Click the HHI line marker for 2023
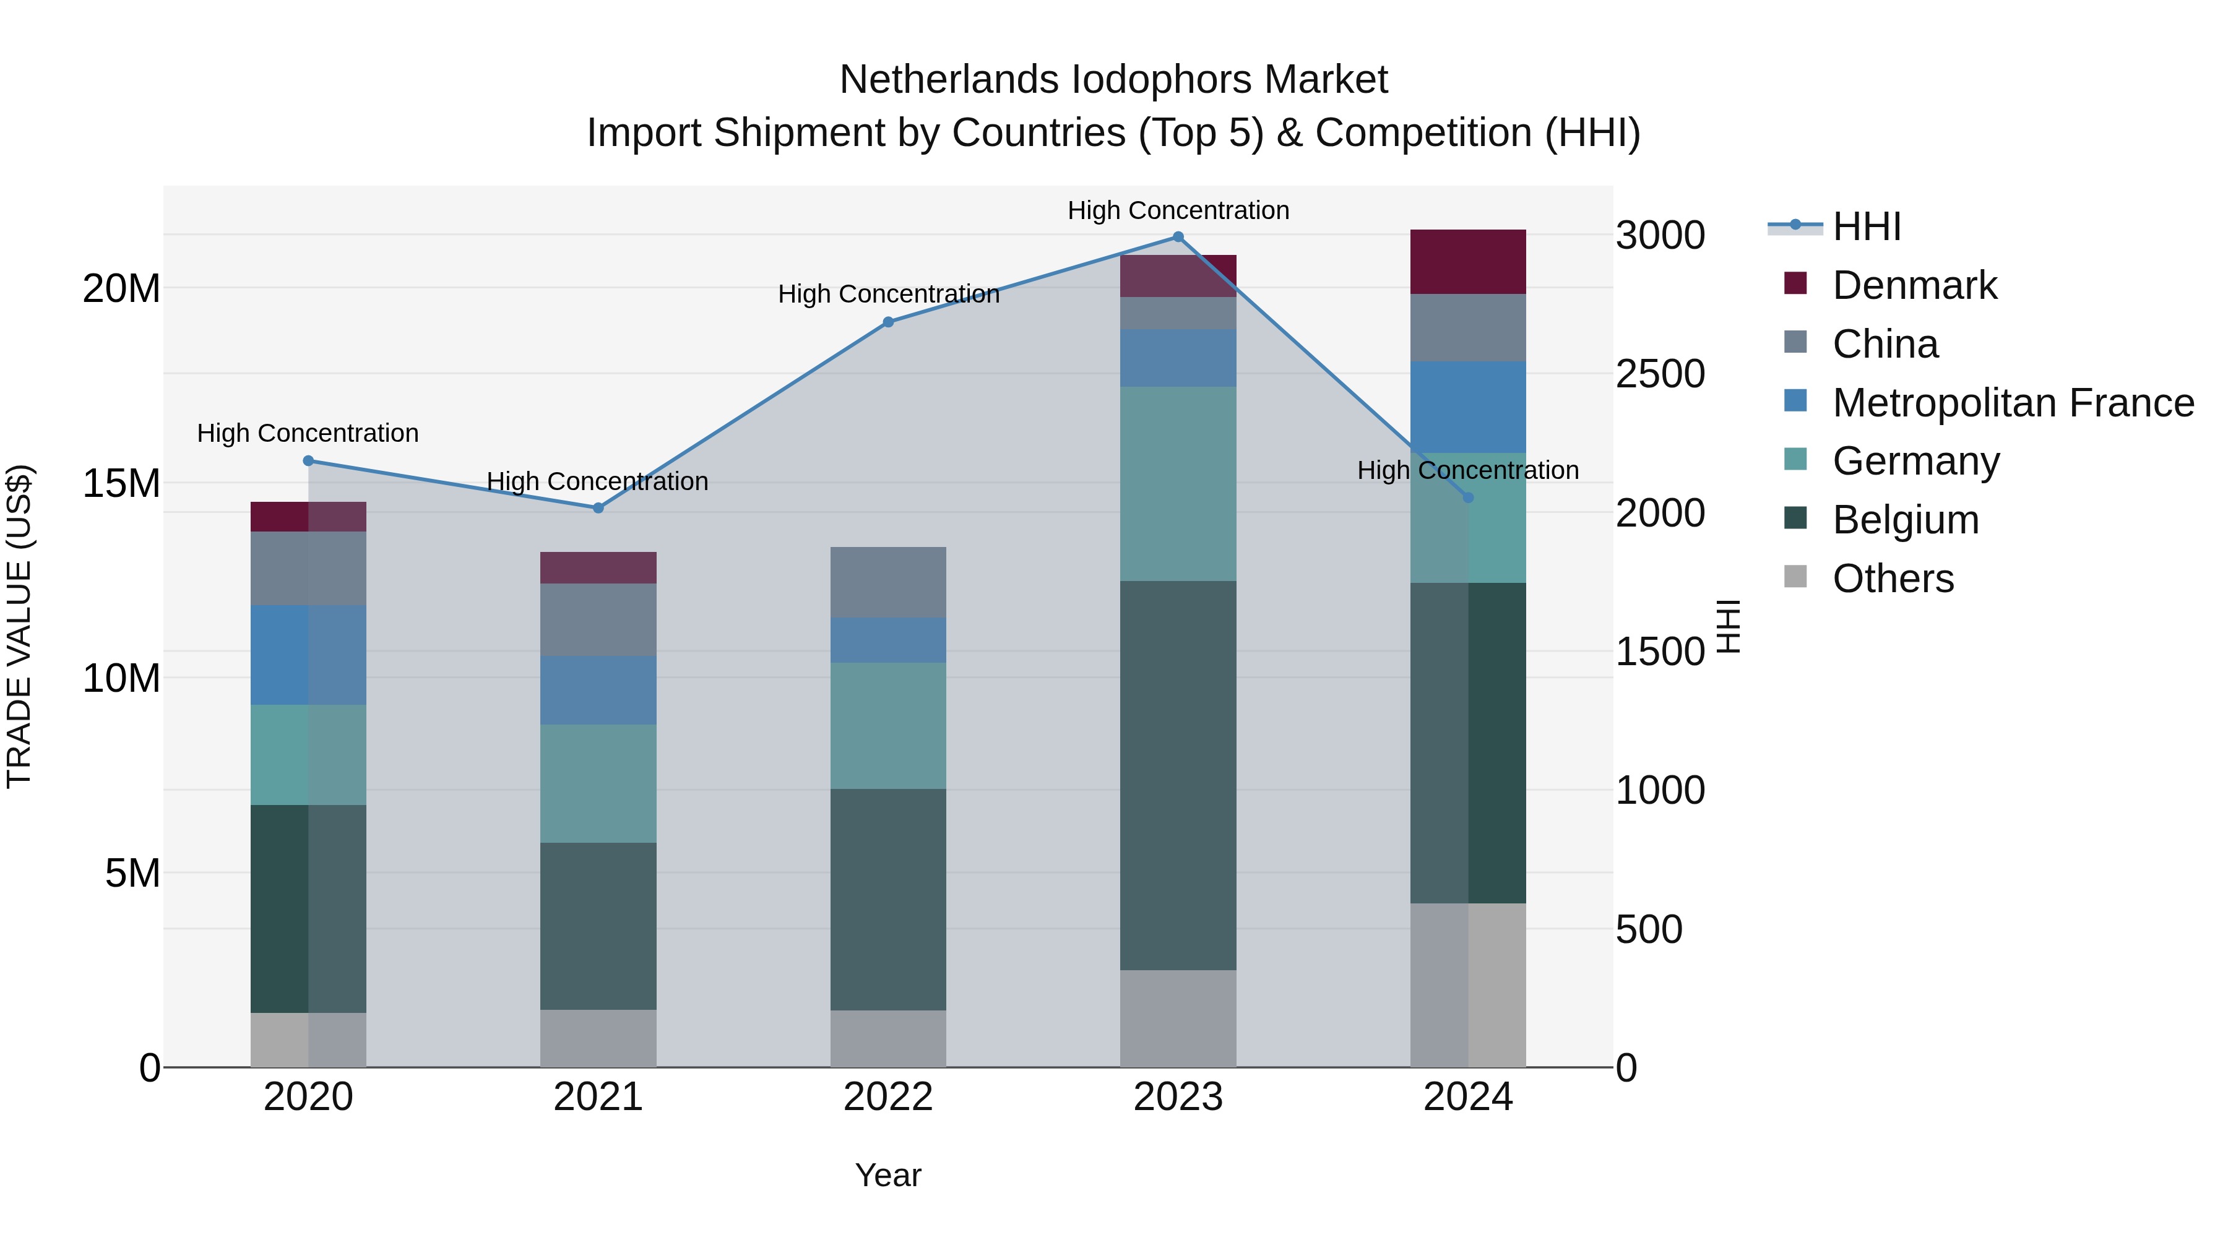[1178, 237]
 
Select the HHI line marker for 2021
[598, 509]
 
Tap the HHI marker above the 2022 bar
[888, 322]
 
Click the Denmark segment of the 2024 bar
[1468, 262]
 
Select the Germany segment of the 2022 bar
[888, 726]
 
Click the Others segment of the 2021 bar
[598, 1038]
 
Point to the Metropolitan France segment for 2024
[1468, 407]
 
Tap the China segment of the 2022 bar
[888, 582]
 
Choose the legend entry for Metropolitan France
[2012, 403]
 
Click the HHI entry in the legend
[1867, 226]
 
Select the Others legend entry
[1893, 579]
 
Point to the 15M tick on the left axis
[121, 483]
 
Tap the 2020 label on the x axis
[308, 1097]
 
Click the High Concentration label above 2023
[1178, 210]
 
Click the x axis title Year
[888, 1175]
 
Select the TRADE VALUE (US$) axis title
[19, 626]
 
